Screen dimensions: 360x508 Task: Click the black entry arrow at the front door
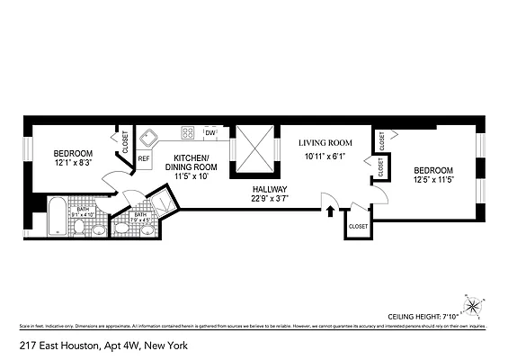click(x=332, y=213)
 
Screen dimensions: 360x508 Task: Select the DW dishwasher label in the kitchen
click(x=210, y=133)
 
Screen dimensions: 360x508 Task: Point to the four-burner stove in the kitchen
click(x=190, y=132)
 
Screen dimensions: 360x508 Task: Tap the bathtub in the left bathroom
click(x=57, y=216)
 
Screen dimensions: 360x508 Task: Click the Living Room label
click(x=325, y=142)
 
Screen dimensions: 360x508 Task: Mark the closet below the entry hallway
click(x=358, y=227)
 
